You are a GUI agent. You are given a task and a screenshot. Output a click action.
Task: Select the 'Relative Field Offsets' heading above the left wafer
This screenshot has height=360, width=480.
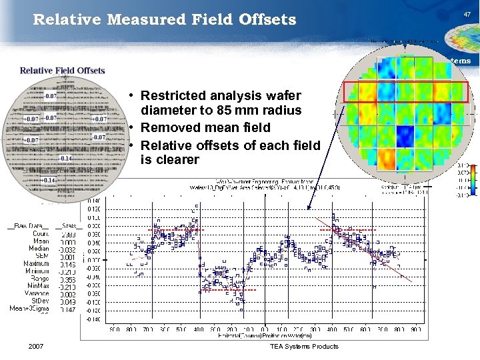tap(62, 71)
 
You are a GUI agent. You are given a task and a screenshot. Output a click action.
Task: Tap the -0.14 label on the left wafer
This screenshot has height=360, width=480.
tap(65, 159)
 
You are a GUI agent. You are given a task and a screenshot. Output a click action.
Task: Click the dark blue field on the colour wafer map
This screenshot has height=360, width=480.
tap(405, 136)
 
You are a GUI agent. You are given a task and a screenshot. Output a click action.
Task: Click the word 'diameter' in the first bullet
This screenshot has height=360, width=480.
tap(167, 110)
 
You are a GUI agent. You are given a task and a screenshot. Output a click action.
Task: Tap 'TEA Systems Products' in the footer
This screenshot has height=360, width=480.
tap(304, 346)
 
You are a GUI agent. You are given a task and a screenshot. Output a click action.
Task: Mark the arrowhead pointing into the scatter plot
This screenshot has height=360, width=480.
tap(309, 210)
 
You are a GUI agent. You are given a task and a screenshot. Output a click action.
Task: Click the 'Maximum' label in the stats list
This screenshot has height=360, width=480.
tap(37, 264)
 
